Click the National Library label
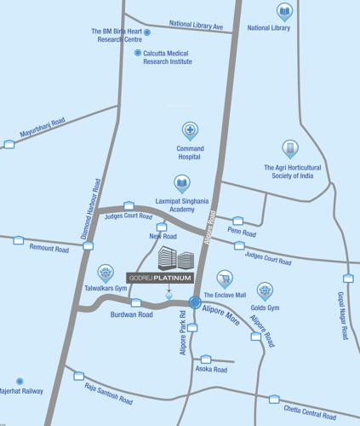pos(269,28)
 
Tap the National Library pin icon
pos(284,11)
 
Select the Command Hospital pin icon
pos(190,131)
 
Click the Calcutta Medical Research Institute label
pos(168,57)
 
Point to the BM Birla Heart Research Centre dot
pos(147,32)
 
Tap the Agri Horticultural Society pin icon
pos(290,149)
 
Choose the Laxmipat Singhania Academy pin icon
pos(181,183)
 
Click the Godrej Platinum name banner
pos(161,278)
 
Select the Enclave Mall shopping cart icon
pos(225,278)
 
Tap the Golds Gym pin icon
pos(265,291)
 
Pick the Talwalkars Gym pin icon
pos(106,273)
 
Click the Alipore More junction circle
pos(195,302)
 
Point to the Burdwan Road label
pos(132,314)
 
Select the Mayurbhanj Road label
pos(42,129)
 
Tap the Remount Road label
pos(49,249)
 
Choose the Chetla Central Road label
pos(309,414)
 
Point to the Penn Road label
pos(242,232)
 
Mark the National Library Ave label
pos(196,26)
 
